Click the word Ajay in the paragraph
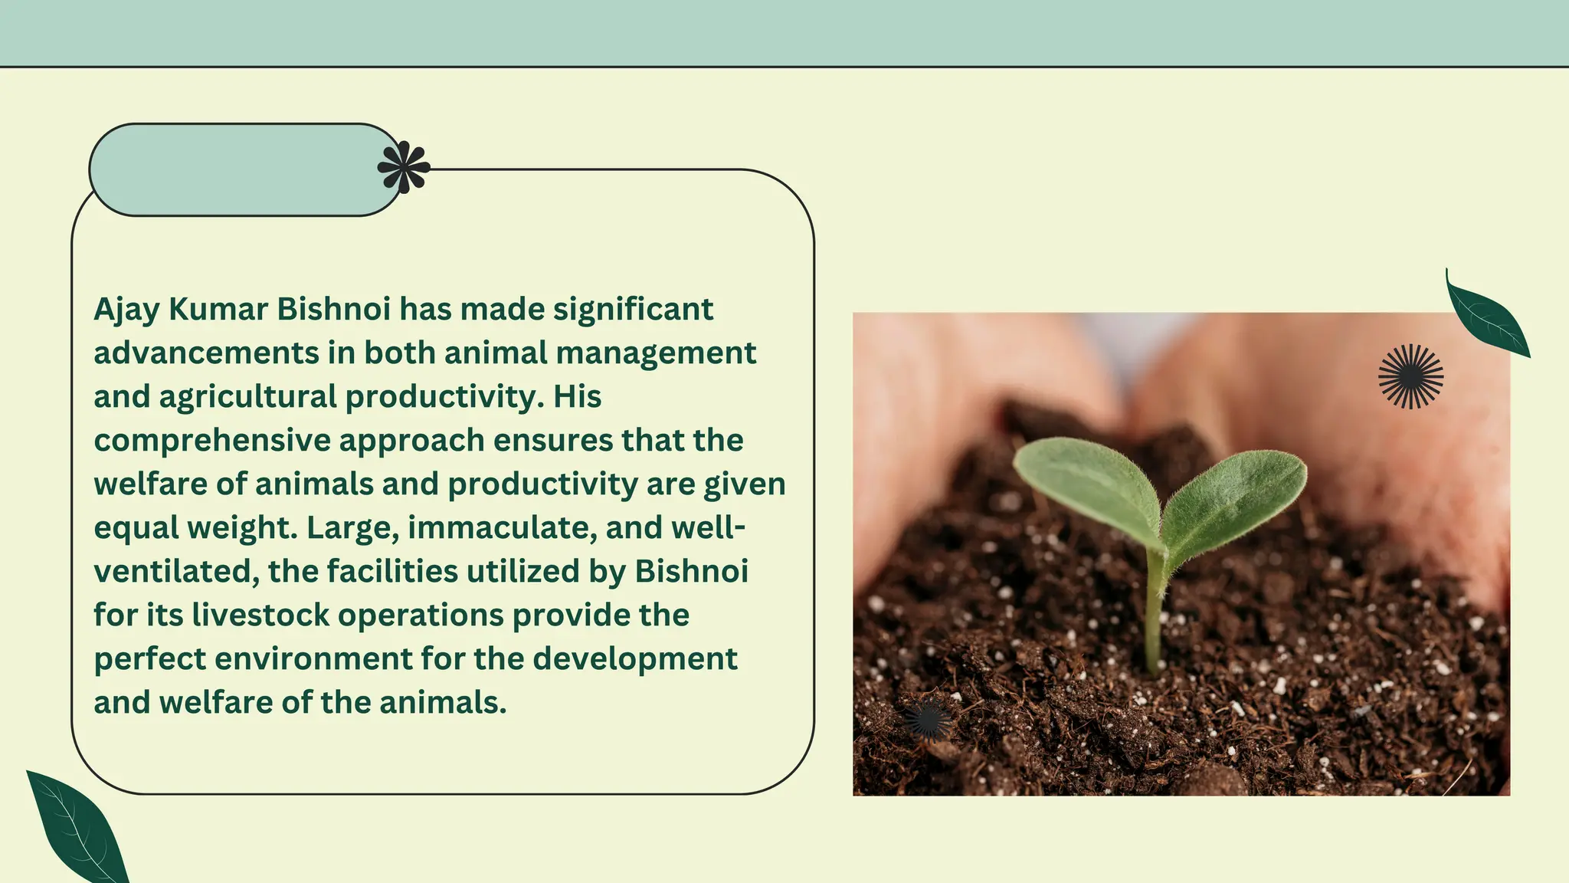click(126, 310)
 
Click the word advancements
click(206, 353)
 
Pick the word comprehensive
click(212, 441)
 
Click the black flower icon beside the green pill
click(404, 166)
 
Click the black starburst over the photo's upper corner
click(1410, 376)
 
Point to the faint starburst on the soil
click(928, 718)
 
